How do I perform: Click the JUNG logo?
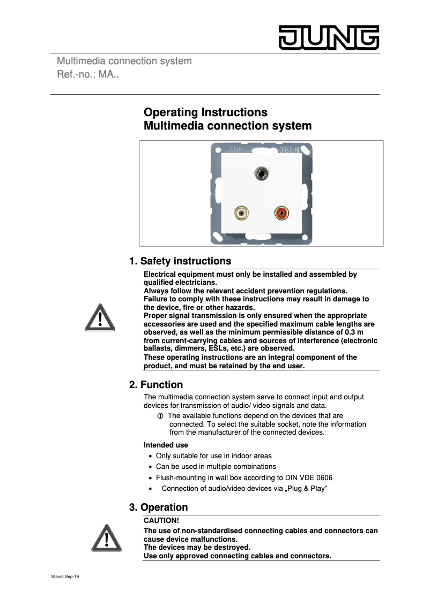[x=328, y=37]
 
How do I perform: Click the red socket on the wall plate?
[x=281, y=214]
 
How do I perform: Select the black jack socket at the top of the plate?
[x=262, y=173]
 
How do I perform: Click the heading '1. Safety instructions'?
[x=180, y=261]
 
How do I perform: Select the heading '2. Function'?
[x=156, y=385]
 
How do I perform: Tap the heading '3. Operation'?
[x=158, y=507]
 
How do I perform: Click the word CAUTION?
[x=161, y=520]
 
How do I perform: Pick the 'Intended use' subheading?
[x=166, y=445]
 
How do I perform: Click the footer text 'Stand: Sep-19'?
[x=65, y=577]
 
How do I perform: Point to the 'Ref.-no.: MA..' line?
[x=88, y=74]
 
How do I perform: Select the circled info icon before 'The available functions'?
[x=160, y=416]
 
